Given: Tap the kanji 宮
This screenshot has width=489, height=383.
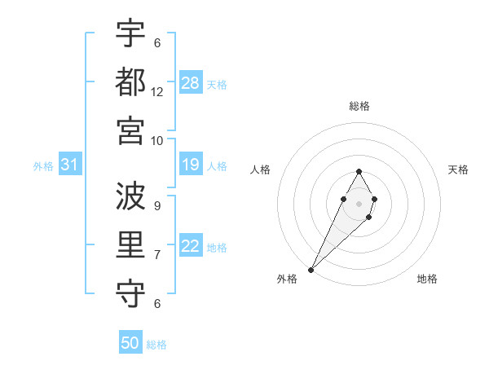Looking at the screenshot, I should coord(130,130).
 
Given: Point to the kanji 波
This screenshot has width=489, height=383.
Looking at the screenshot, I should coord(130,196).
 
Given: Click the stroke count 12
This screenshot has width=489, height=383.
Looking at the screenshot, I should coord(157,91).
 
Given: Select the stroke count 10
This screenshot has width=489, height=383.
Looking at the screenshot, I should coord(157,139).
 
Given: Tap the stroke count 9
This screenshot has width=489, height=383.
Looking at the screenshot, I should coord(157,205).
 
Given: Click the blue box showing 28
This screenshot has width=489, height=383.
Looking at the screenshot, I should coord(191,82).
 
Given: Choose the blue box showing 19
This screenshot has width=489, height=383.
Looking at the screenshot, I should coord(191,165).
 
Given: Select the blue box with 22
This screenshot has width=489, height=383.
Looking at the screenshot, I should coord(191,246).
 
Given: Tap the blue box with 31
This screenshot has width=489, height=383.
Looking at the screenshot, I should coord(70,165).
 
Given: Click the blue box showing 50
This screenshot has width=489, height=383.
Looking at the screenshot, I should coord(130,343).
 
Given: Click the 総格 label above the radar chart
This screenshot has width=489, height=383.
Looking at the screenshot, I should coord(359,106).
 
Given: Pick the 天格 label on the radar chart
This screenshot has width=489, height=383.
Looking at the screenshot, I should coord(458,169).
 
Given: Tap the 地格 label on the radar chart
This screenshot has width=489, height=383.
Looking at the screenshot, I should coord(427,279).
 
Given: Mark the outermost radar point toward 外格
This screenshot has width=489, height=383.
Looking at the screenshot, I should coord(311,269).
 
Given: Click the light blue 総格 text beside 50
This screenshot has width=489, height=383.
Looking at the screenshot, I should coord(156,345).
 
